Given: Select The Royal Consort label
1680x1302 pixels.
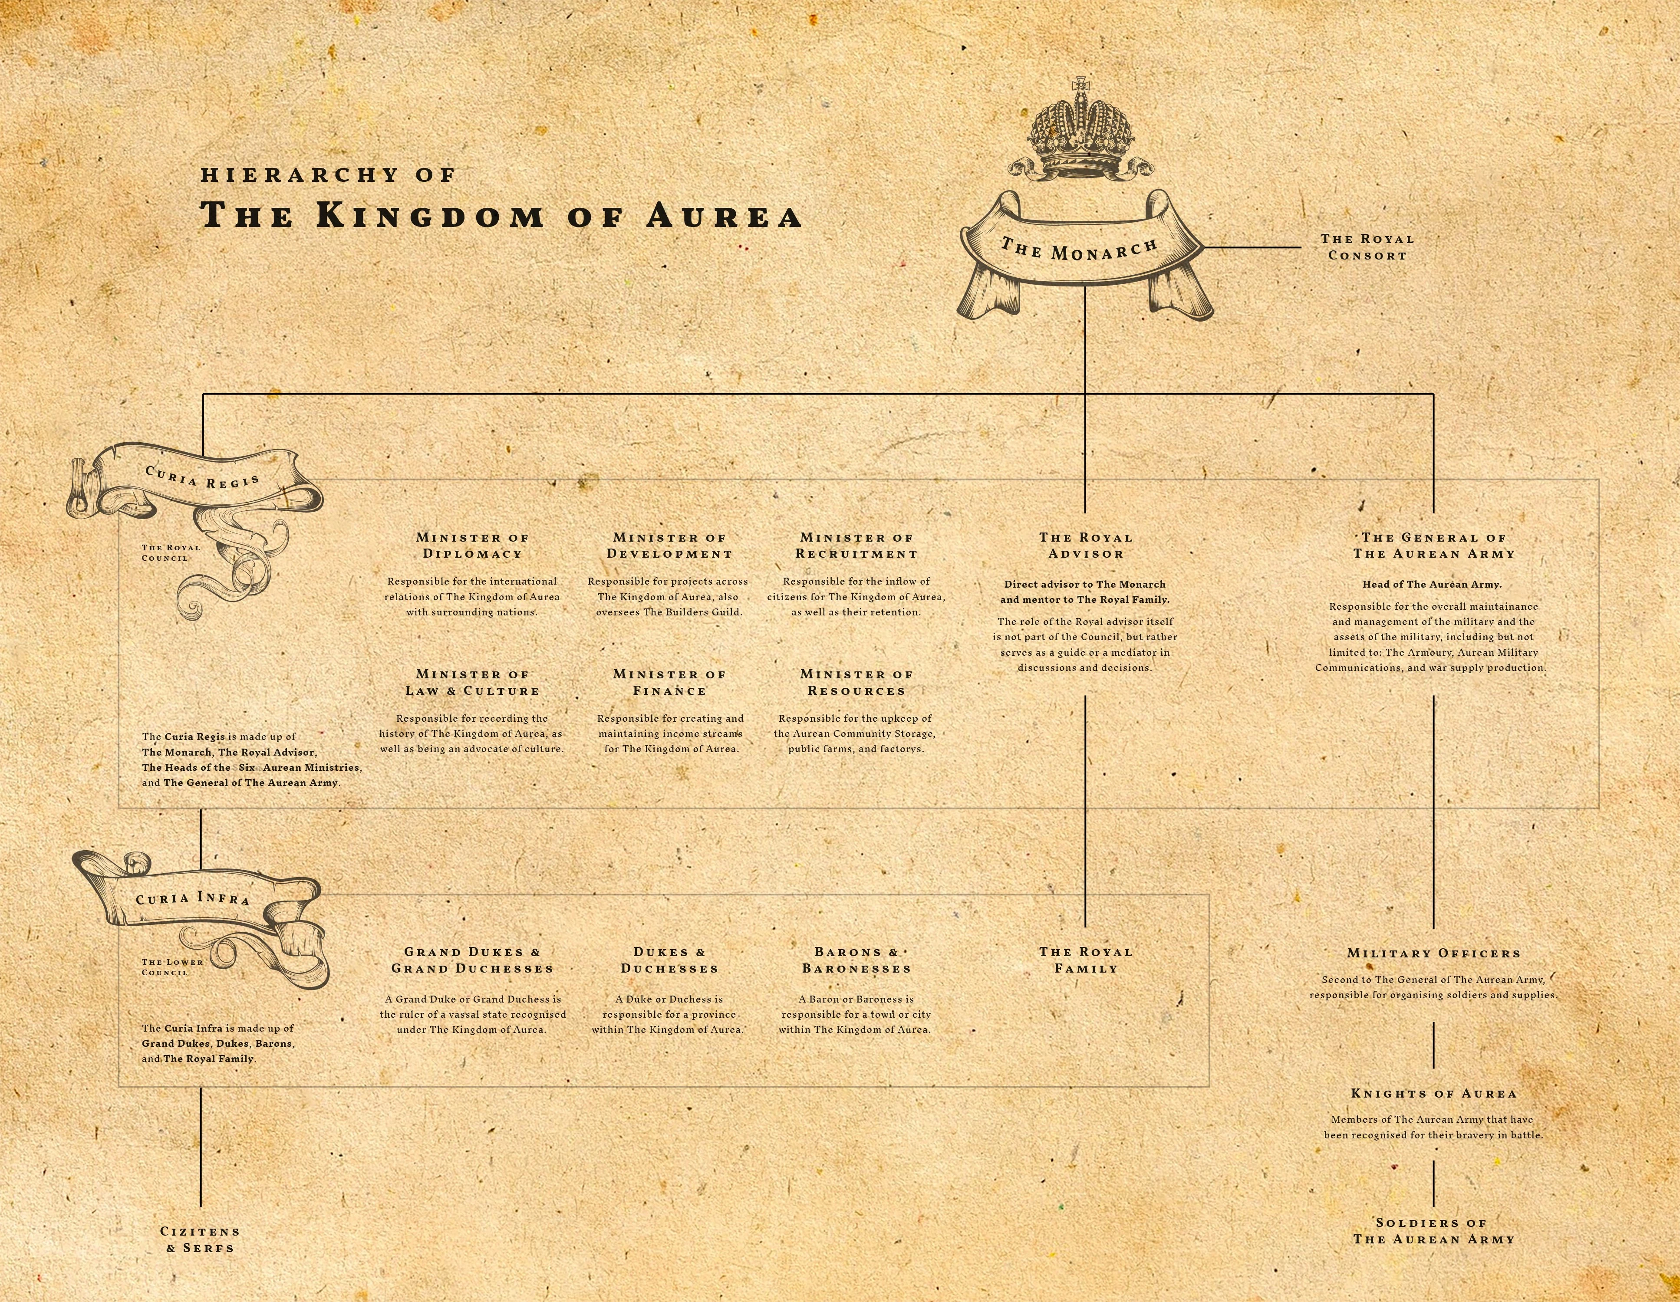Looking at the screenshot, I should pyautogui.click(x=1367, y=247).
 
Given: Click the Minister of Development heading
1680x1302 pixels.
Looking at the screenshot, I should pyautogui.click(x=669, y=545).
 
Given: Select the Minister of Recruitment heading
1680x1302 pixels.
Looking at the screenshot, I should pyautogui.click(x=856, y=545).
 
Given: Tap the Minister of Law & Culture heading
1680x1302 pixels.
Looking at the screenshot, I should pyautogui.click(x=472, y=682).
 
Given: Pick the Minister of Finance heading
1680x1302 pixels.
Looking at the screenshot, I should pyautogui.click(x=669, y=682).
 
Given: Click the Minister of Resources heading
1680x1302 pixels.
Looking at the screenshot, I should pyautogui.click(x=856, y=682).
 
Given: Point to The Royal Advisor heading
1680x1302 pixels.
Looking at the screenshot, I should pyautogui.click(x=1085, y=545).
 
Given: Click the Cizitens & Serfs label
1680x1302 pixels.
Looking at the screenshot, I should pyautogui.click(x=200, y=1239).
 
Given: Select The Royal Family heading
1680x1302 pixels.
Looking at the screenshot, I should pyautogui.click(x=1085, y=960).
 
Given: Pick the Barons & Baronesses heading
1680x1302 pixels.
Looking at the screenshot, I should pyautogui.click(x=856, y=960).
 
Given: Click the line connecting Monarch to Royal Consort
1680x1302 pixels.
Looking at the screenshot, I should pyautogui.click(x=1250, y=248).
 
